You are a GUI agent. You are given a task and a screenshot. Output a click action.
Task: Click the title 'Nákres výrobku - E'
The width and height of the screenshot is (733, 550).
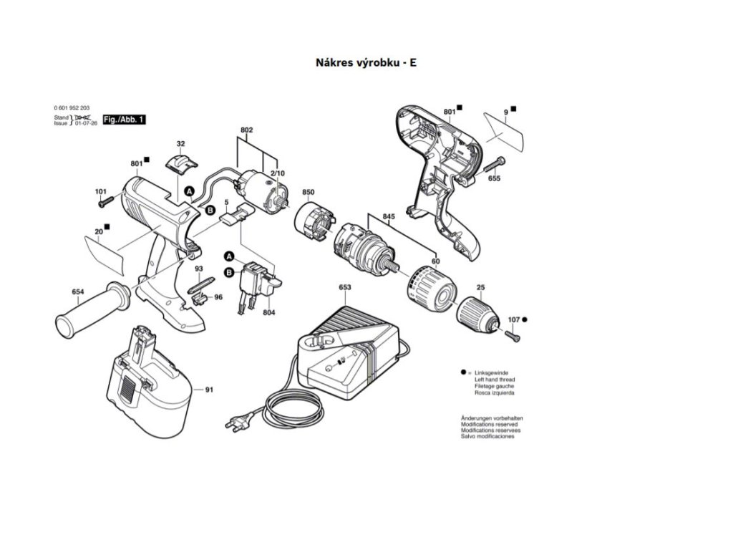(366, 62)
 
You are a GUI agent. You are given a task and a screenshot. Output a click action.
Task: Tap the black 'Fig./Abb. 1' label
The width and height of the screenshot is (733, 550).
(124, 120)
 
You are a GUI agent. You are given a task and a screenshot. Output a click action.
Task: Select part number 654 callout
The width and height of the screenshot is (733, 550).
(77, 291)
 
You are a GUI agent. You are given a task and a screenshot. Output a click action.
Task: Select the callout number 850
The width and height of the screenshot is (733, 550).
(309, 193)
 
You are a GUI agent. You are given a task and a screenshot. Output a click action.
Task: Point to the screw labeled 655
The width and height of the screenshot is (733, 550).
(492, 165)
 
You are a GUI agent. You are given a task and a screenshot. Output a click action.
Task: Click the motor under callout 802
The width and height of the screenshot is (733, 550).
(262, 189)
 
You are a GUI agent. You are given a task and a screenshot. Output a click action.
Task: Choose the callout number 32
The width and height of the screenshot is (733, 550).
(180, 144)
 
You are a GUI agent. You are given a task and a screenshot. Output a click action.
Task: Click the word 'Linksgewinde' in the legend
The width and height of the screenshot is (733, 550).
(490, 373)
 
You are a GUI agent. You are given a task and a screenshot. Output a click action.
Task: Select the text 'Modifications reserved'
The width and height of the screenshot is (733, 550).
(490, 425)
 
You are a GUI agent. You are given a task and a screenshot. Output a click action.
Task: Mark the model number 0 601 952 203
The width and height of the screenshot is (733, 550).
(72, 107)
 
